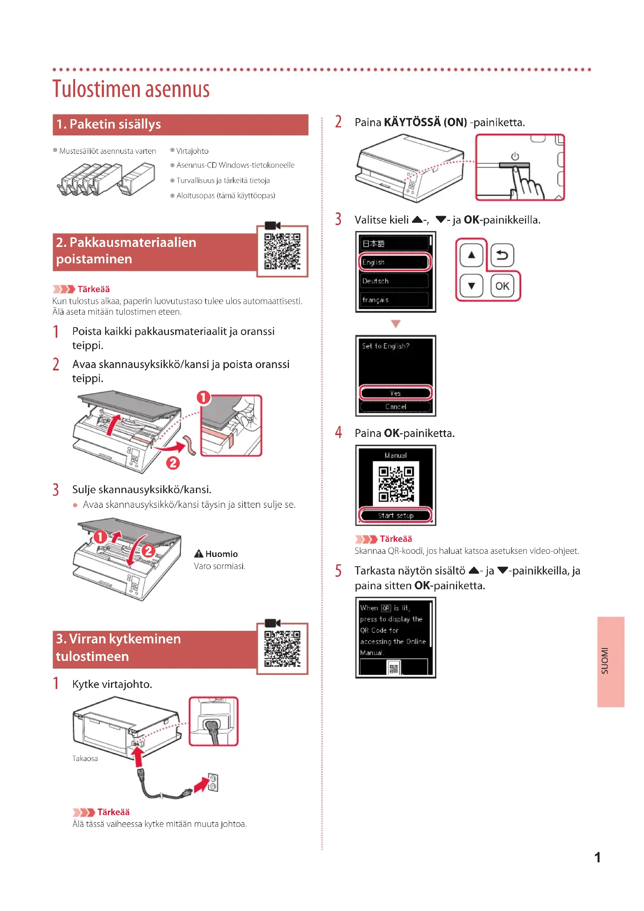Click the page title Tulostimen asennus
tap(131, 89)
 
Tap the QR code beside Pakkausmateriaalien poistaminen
tap(282, 251)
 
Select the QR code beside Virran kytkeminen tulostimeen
tap(282, 648)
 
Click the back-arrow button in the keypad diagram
tap(502, 255)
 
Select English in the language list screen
tap(394, 262)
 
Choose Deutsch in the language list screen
tap(394, 281)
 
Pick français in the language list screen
tap(394, 300)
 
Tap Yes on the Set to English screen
tap(395, 393)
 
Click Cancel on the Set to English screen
tap(395, 407)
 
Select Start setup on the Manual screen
tap(395, 515)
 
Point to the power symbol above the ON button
tap(515, 156)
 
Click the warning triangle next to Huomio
tap(199, 553)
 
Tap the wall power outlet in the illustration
tap(213, 782)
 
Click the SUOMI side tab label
tap(605, 661)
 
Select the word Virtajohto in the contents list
tap(192, 151)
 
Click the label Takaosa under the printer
tap(85, 758)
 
